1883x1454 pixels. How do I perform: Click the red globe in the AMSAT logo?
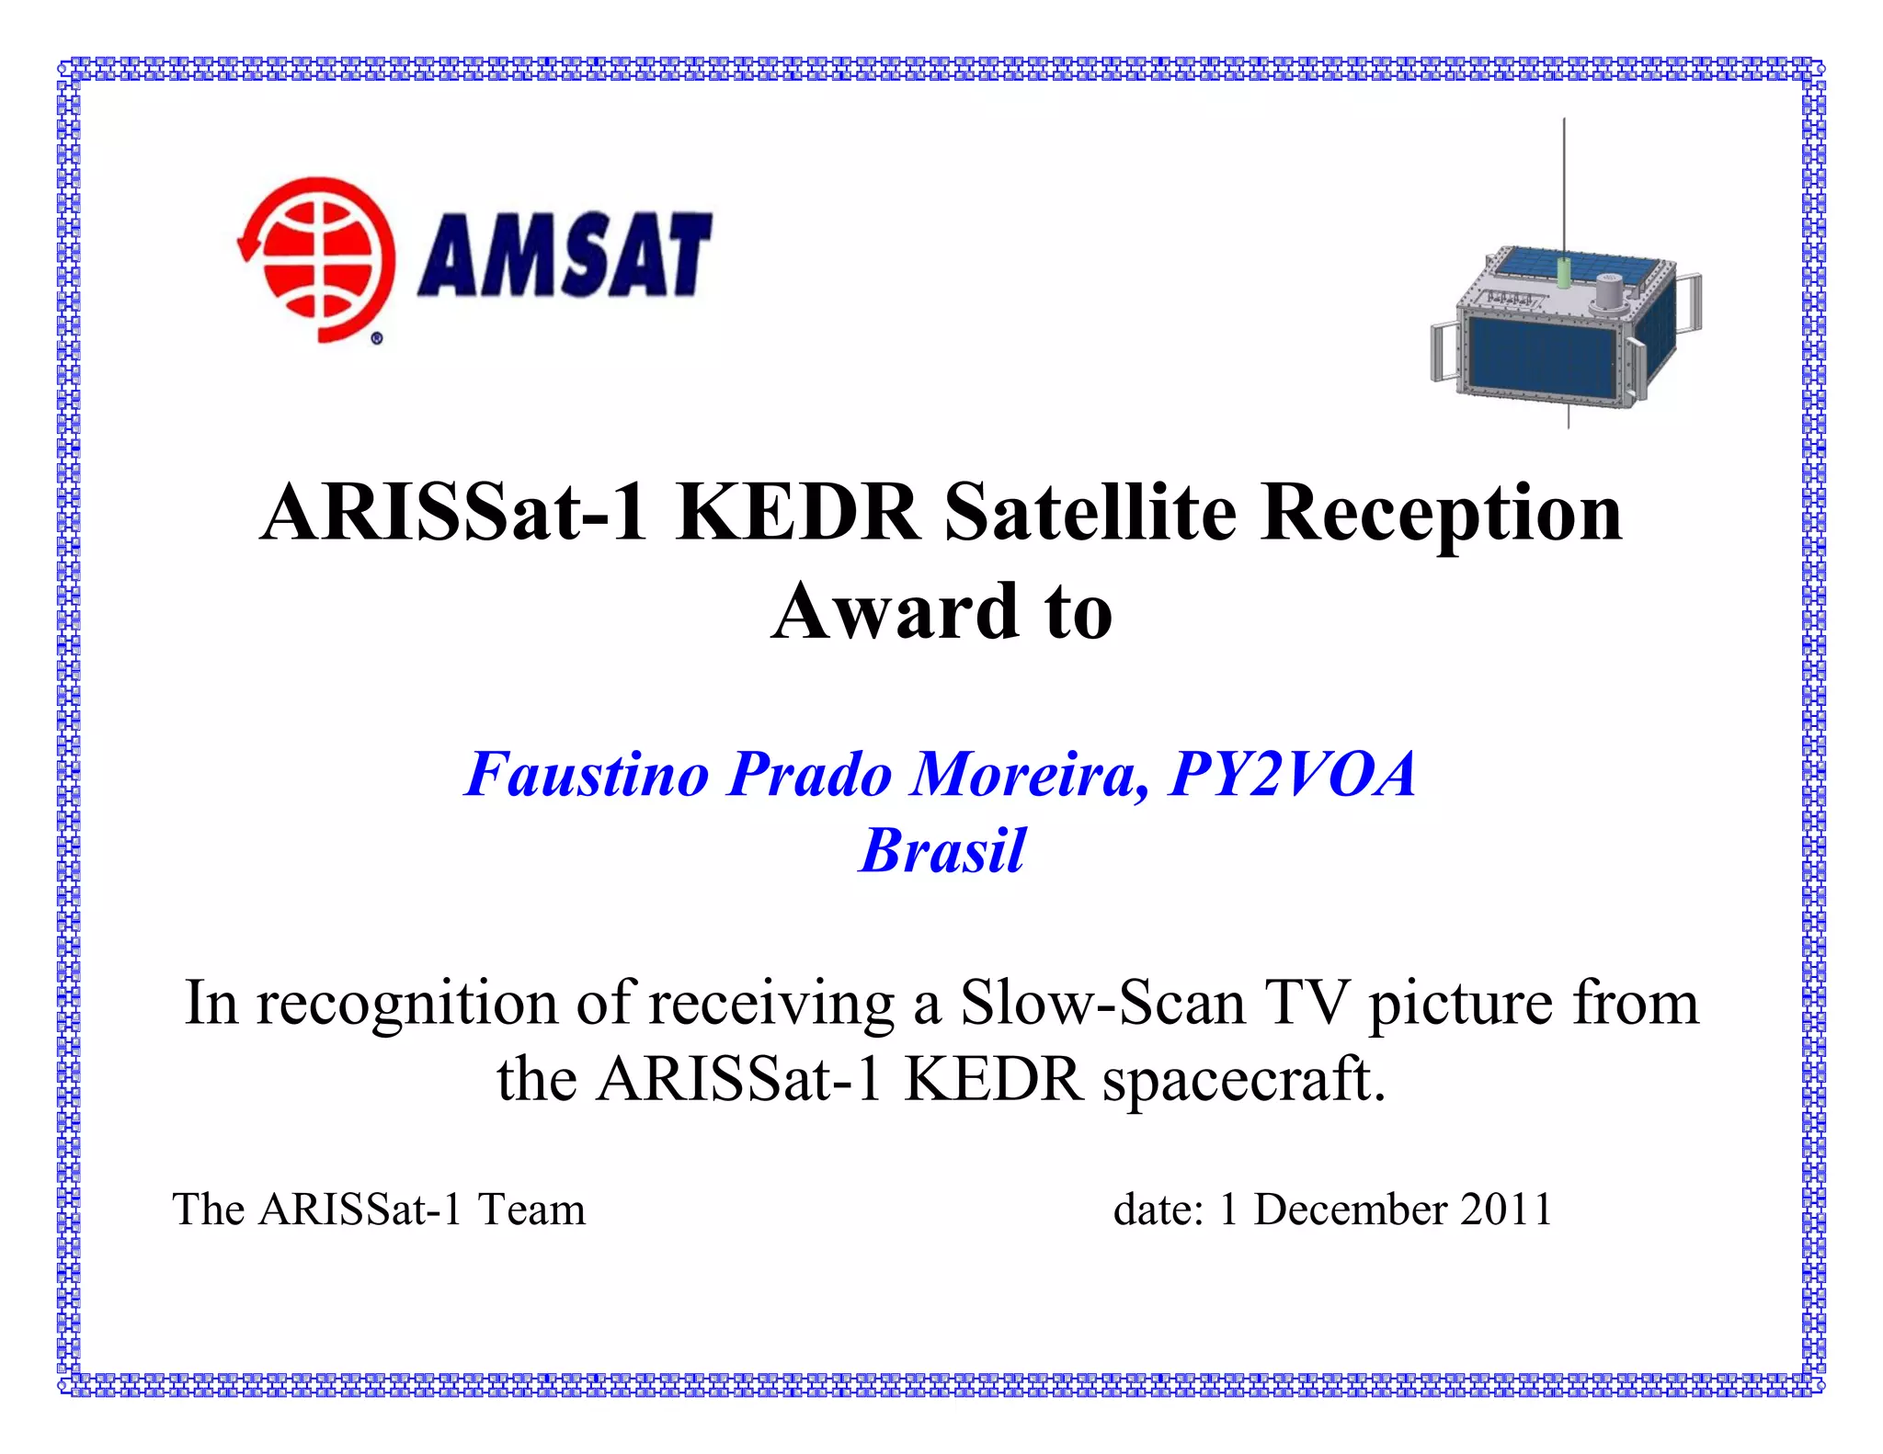(317, 259)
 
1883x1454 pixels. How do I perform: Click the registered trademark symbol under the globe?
(377, 339)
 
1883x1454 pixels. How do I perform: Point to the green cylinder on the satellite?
(1563, 273)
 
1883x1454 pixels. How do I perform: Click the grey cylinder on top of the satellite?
(1608, 293)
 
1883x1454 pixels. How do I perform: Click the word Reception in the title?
(1441, 515)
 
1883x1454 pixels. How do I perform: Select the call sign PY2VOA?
(1292, 774)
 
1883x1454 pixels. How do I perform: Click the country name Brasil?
(942, 850)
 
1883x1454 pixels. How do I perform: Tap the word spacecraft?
(1243, 1080)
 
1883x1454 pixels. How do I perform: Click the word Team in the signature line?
(531, 1210)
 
